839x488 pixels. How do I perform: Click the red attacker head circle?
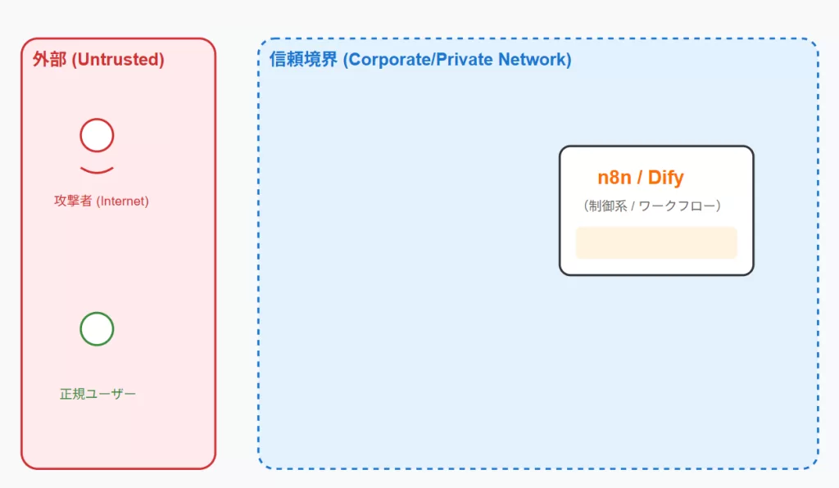tap(97, 135)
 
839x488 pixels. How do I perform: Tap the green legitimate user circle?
tap(97, 329)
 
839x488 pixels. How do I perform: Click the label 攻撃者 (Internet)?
tap(102, 201)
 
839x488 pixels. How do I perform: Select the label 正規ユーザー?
tap(98, 394)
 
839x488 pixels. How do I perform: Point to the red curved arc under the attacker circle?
tap(97, 170)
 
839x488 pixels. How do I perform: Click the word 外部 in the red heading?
tap(49, 60)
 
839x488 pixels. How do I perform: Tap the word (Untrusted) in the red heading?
tap(118, 60)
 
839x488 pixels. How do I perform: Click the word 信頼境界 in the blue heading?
tap(303, 60)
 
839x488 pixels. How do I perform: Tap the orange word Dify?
tap(665, 178)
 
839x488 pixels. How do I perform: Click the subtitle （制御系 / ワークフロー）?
tap(653, 206)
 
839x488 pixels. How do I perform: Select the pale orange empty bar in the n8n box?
tap(656, 242)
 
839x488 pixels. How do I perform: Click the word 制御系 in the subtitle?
tap(607, 206)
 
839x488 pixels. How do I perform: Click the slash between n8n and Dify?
tap(640, 178)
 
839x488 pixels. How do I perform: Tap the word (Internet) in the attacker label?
tap(123, 201)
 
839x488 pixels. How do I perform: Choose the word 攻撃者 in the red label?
tap(74, 201)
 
